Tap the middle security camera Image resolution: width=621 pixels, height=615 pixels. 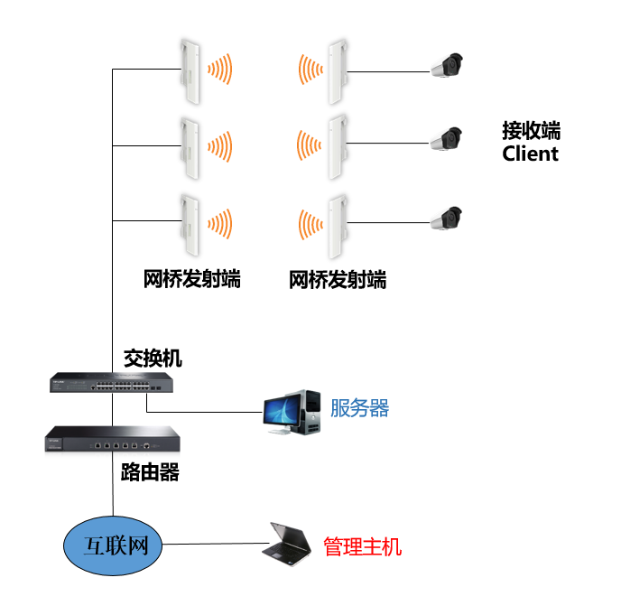[x=446, y=139]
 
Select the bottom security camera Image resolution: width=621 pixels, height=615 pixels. [x=446, y=218]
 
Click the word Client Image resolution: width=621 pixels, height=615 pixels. [x=530, y=154]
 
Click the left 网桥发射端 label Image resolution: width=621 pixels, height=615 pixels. [x=192, y=278]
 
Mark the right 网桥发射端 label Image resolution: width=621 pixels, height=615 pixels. [x=338, y=279]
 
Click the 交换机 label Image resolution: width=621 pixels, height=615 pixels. [x=153, y=359]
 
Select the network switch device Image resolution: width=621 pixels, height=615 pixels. [x=111, y=383]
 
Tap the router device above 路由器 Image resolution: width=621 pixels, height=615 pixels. [x=112, y=441]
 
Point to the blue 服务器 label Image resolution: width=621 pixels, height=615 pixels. [x=359, y=408]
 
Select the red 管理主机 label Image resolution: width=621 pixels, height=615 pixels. [x=362, y=546]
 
